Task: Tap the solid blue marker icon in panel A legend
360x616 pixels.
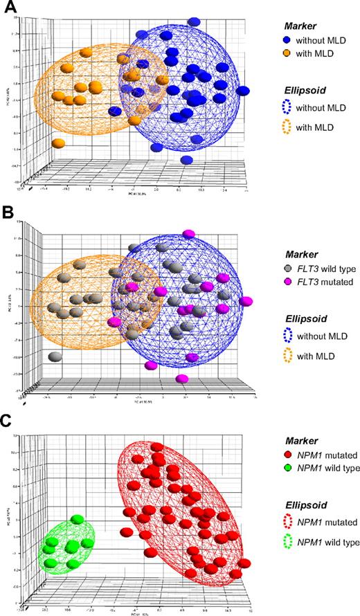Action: click(277, 39)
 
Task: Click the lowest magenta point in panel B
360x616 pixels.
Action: click(182, 379)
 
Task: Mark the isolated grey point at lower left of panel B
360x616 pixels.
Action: click(56, 357)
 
